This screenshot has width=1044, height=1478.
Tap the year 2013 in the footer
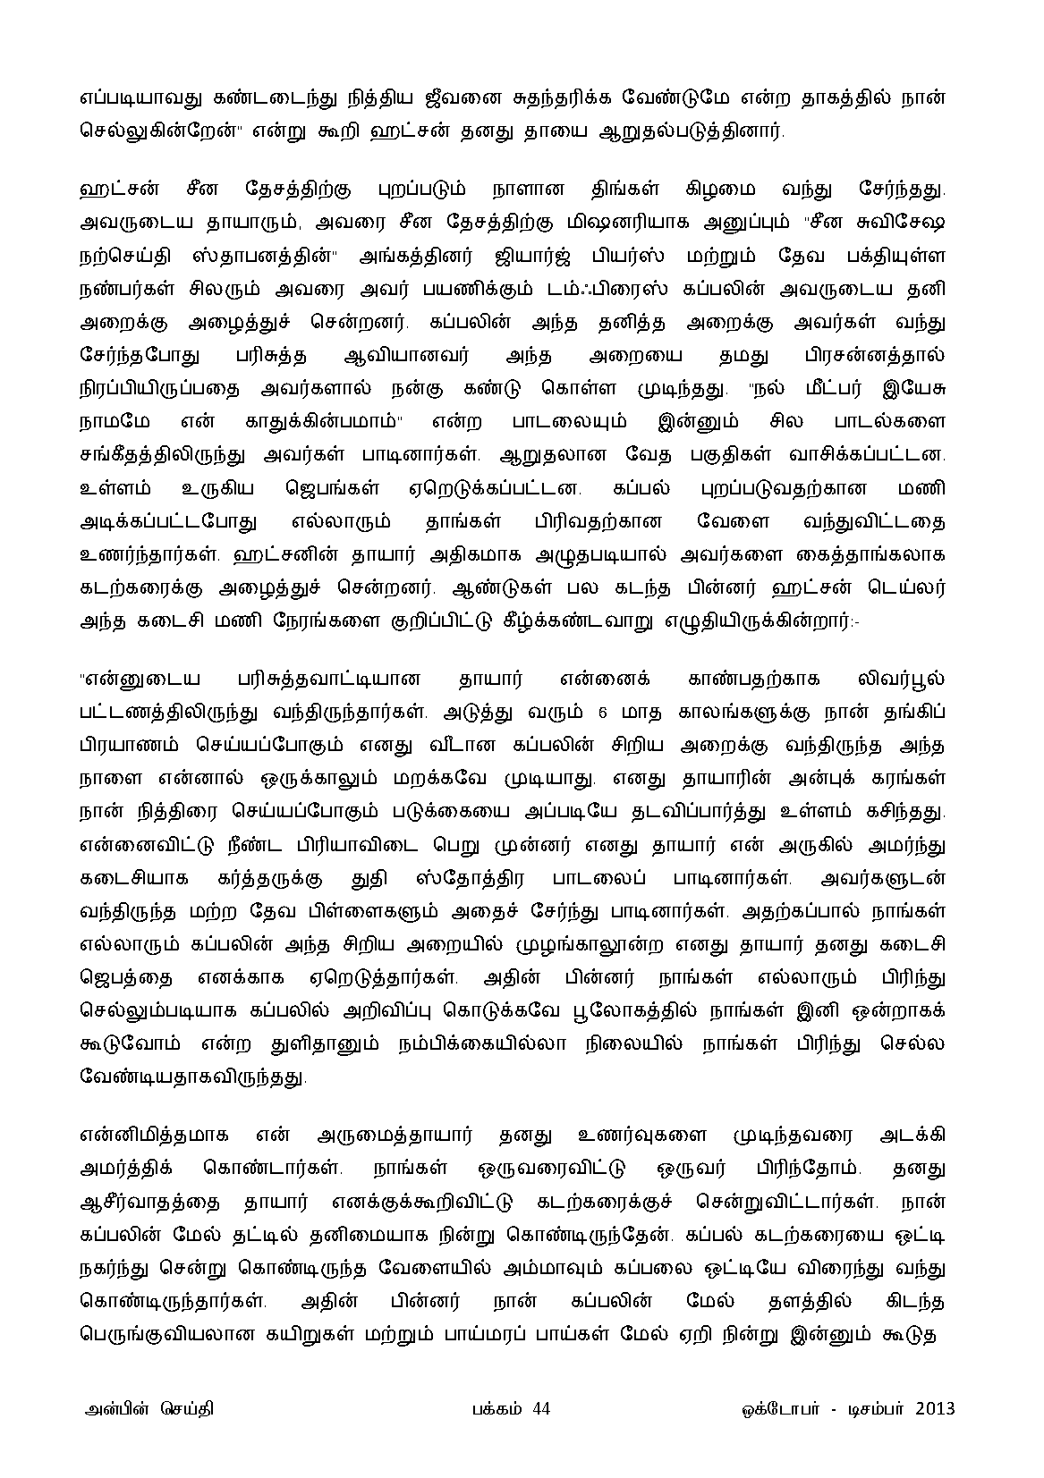(935, 1408)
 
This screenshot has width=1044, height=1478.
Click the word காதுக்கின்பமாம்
(323, 419)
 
